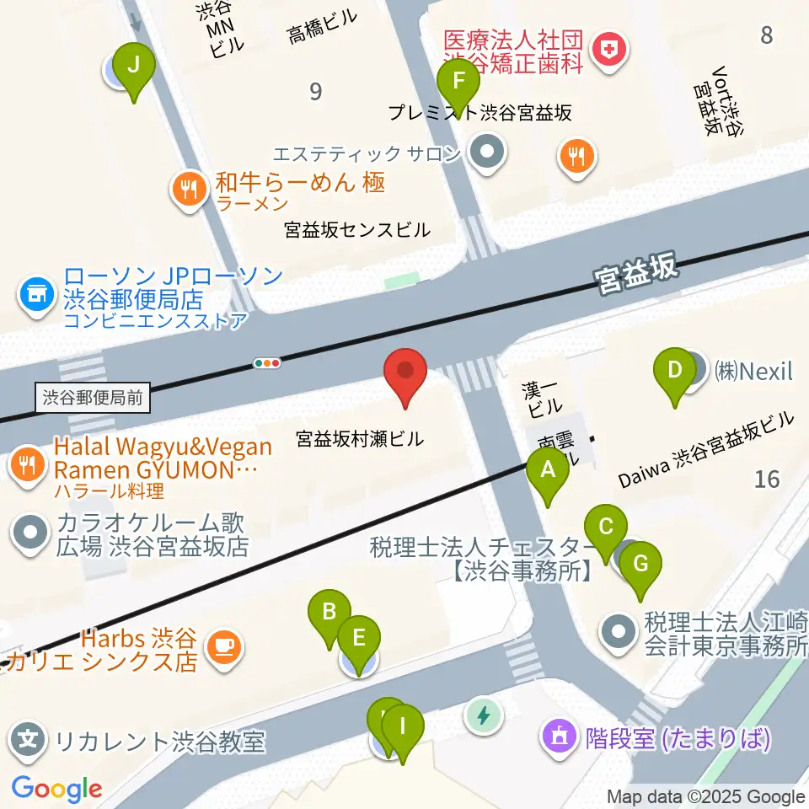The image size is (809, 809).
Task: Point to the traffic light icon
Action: click(267, 363)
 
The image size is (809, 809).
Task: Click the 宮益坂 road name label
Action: click(635, 273)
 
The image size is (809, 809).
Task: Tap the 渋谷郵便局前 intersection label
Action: click(93, 398)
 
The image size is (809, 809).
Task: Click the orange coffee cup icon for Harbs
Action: click(223, 646)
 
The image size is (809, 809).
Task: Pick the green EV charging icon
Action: click(484, 716)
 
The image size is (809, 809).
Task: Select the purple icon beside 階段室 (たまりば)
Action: click(560, 738)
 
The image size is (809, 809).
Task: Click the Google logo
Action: click(56, 789)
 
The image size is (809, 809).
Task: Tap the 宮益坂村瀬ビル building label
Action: click(360, 439)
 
